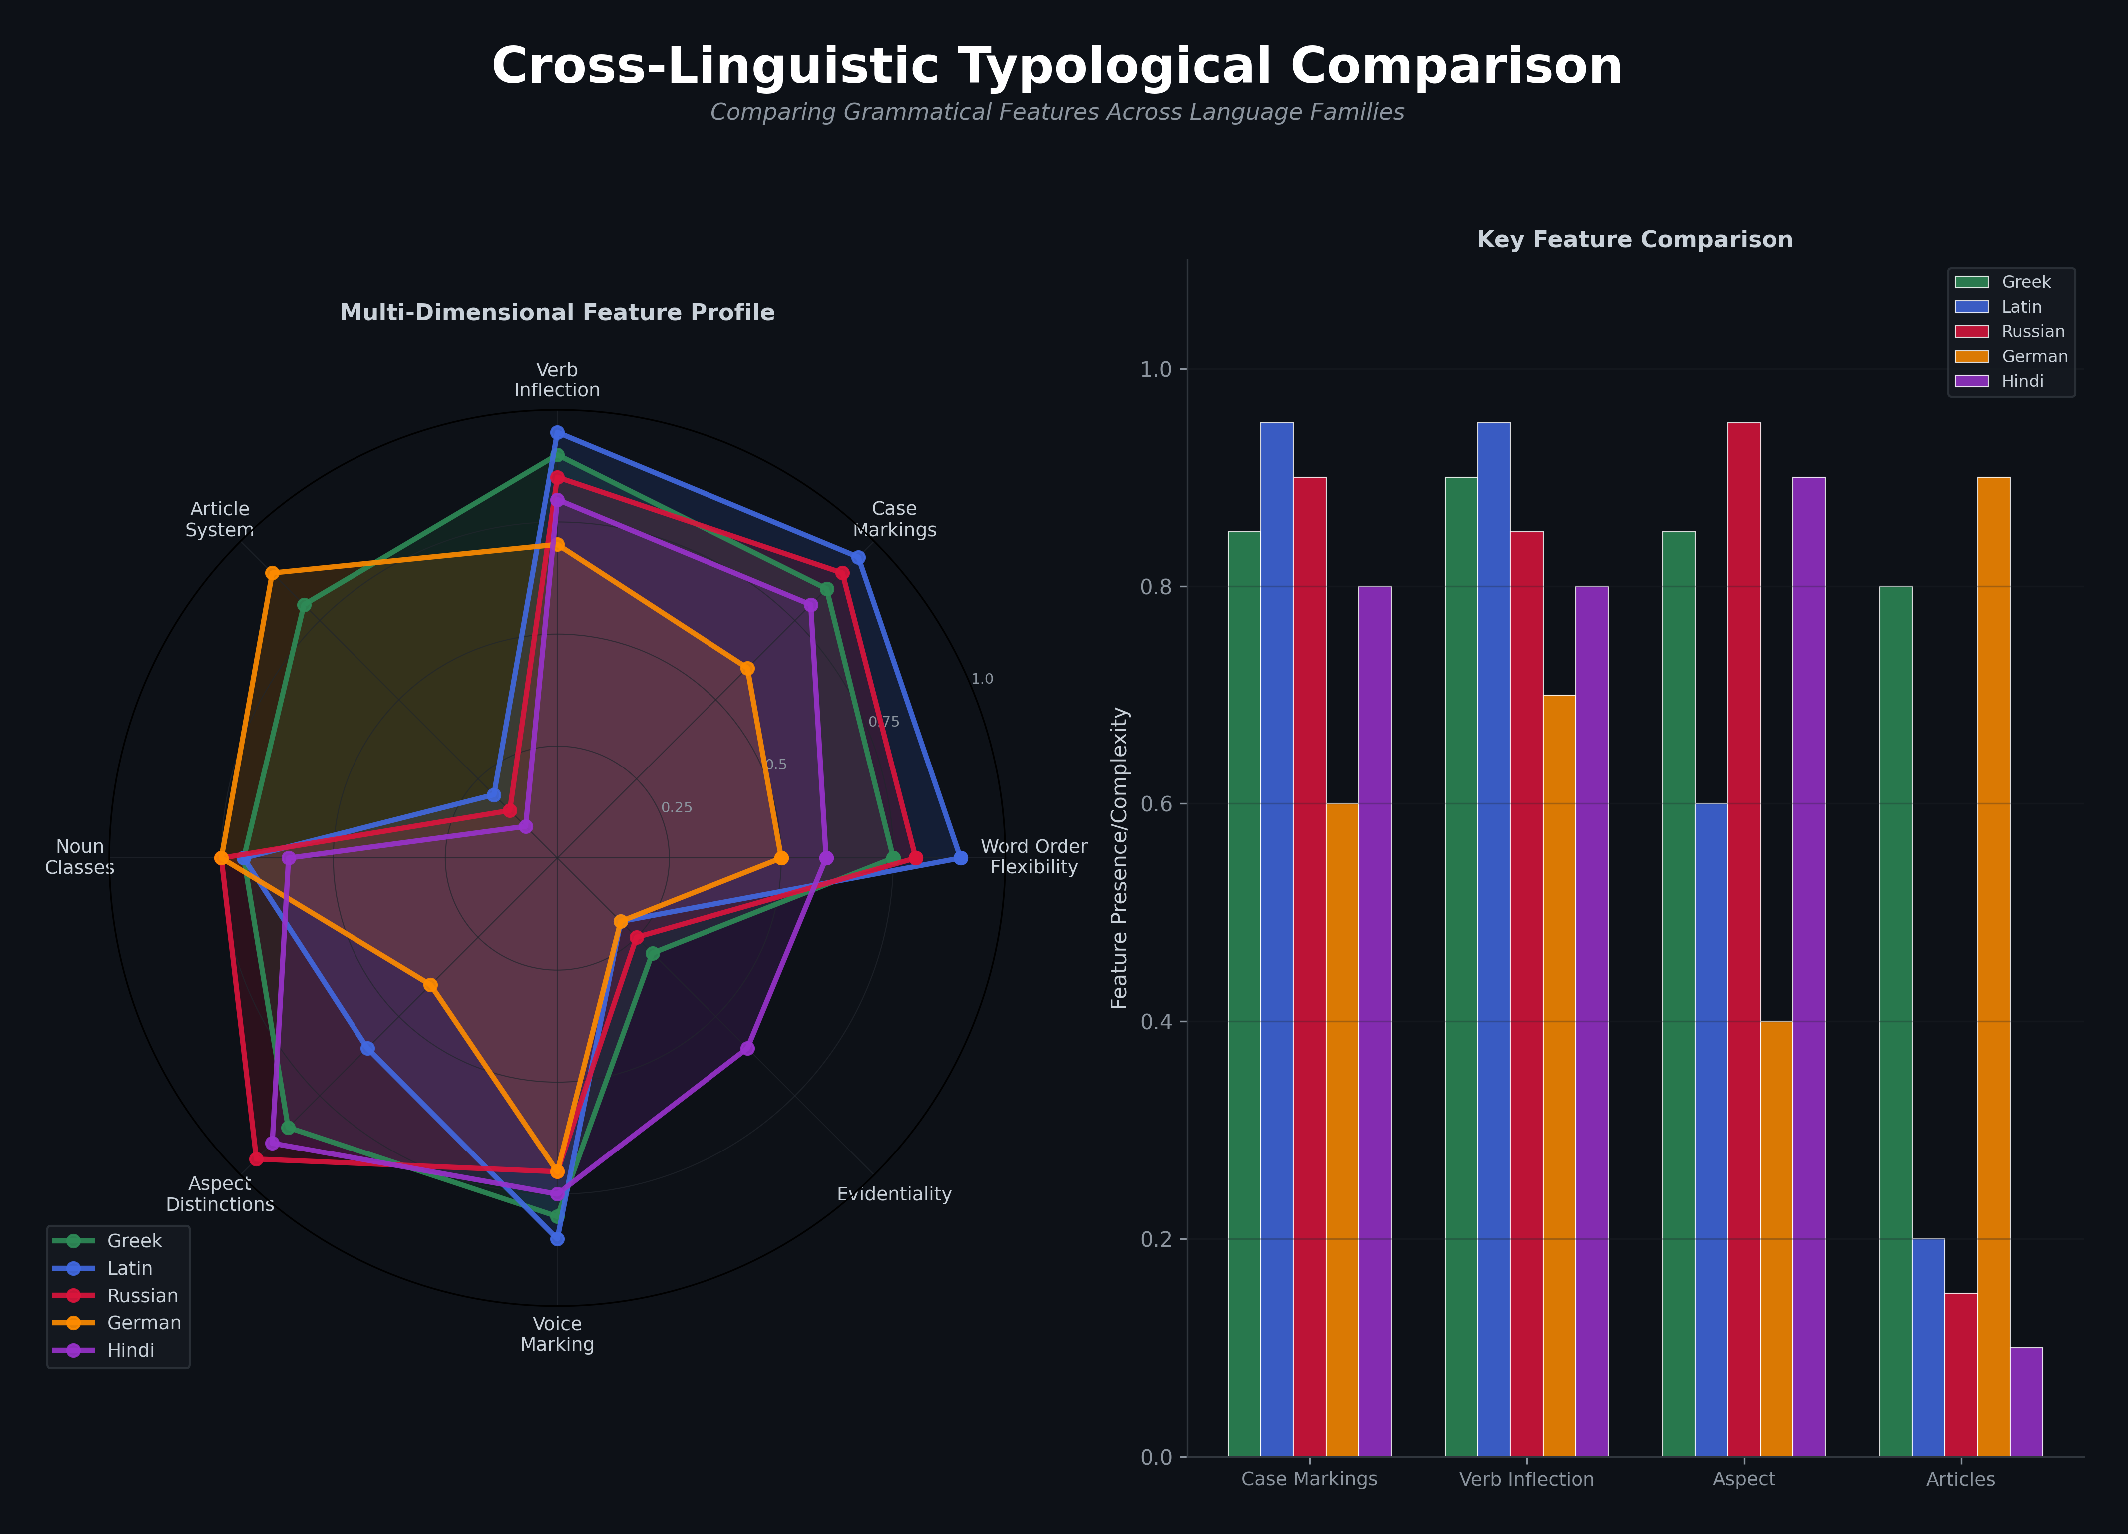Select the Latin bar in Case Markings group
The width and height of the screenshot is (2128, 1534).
(x=1276, y=938)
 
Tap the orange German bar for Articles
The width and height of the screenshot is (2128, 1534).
(x=1993, y=966)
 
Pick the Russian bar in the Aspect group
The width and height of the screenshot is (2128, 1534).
(x=1744, y=938)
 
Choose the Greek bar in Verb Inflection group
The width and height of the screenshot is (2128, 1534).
(x=1461, y=966)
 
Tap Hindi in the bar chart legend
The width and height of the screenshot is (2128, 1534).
(x=2022, y=381)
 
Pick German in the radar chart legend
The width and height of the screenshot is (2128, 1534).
(x=144, y=1323)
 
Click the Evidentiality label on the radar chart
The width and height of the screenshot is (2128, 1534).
(x=893, y=1194)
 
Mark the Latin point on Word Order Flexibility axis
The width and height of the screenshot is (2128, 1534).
(x=960, y=857)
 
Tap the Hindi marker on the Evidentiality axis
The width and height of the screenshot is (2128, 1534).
(x=747, y=1048)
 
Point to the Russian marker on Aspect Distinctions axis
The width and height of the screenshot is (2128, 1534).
(x=256, y=1158)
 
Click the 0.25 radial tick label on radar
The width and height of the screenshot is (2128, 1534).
(x=677, y=808)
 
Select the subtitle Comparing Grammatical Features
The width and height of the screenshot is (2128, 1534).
(x=1057, y=112)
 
